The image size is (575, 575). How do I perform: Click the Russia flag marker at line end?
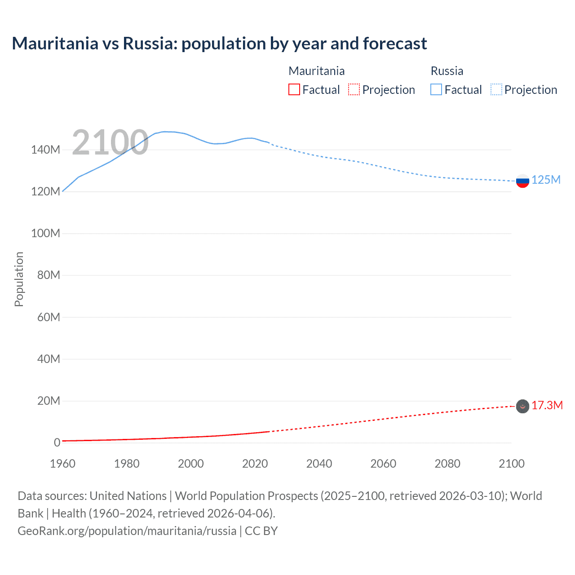pyautogui.click(x=522, y=181)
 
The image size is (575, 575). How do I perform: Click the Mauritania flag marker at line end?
pyautogui.click(x=522, y=406)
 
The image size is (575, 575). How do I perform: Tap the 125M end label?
pyautogui.click(x=546, y=180)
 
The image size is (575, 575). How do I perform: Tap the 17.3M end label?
pyautogui.click(x=547, y=406)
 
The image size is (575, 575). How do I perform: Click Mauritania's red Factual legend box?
pyautogui.click(x=294, y=89)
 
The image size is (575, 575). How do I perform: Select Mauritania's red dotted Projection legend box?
pyautogui.click(x=354, y=89)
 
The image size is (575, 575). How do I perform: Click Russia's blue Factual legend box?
pyautogui.click(x=436, y=89)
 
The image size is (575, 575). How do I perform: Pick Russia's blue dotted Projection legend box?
pyautogui.click(x=496, y=89)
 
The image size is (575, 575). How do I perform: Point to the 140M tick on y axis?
pyautogui.click(x=45, y=150)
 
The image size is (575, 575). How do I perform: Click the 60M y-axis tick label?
pyautogui.click(x=49, y=318)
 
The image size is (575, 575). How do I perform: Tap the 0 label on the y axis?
pyautogui.click(x=57, y=443)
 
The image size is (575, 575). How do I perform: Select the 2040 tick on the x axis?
pyautogui.click(x=319, y=464)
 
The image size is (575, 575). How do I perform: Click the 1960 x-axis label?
pyautogui.click(x=63, y=464)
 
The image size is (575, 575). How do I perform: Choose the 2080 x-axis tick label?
pyautogui.click(x=447, y=464)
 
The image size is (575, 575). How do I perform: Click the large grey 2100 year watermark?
pyautogui.click(x=110, y=142)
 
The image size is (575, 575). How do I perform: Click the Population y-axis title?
pyautogui.click(x=19, y=279)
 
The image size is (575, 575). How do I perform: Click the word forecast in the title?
pyautogui.click(x=395, y=44)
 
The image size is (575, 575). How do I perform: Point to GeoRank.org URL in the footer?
pyautogui.click(x=127, y=531)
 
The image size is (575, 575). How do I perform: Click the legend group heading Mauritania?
pyautogui.click(x=317, y=71)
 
